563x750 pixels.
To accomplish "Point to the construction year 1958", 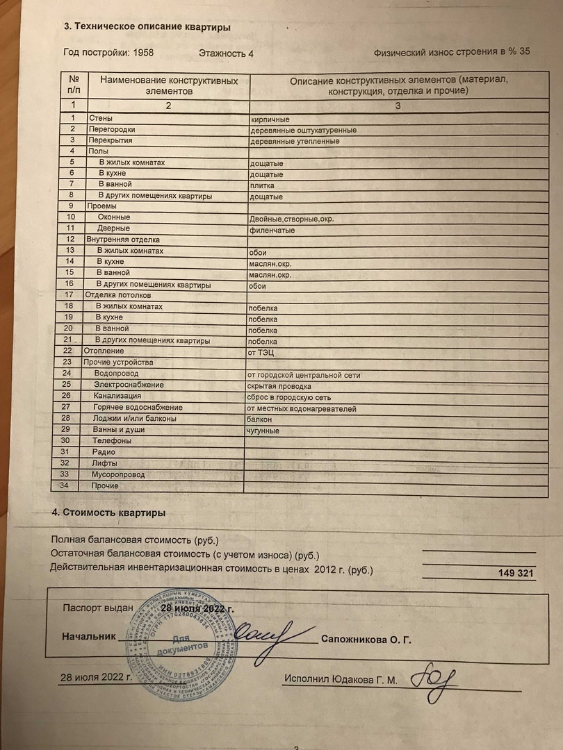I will point(142,52).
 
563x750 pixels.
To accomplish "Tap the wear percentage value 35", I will point(525,52).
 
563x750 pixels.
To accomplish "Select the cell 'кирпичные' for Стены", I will point(270,119).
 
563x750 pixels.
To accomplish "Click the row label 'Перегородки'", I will point(112,129).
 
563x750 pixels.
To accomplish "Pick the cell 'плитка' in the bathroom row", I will point(262,185).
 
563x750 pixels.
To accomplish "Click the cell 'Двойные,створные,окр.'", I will point(292,219).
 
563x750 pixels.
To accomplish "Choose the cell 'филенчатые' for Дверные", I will point(272,230).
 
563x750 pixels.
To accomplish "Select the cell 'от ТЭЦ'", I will point(261,352).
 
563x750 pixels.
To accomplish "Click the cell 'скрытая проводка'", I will point(279,386).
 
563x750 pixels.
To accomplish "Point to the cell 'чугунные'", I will point(263,431).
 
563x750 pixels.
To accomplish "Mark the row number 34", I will point(65,485).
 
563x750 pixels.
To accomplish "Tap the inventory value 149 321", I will point(516,573).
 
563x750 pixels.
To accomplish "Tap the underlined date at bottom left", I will point(95,676).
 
